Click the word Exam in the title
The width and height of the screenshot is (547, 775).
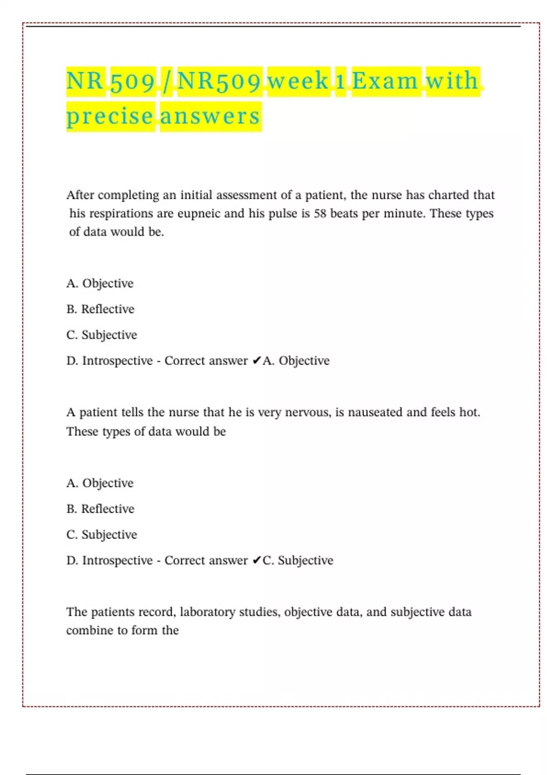tap(385, 81)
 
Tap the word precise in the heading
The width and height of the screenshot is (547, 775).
tap(110, 116)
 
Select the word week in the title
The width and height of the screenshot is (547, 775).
tap(298, 81)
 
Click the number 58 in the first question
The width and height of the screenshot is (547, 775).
tap(320, 213)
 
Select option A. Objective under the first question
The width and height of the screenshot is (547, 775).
tap(100, 283)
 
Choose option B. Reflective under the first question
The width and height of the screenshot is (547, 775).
tap(100, 309)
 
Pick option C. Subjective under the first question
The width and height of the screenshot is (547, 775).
tap(102, 335)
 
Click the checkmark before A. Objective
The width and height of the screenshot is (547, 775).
tap(257, 361)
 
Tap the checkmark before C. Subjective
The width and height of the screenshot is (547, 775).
tap(257, 560)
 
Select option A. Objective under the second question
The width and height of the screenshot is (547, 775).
tap(100, 483)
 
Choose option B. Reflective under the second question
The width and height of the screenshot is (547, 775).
tap(100, 509)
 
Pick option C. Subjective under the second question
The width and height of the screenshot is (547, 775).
tap(102, 534)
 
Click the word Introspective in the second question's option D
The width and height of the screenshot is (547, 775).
tap(117, 560)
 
